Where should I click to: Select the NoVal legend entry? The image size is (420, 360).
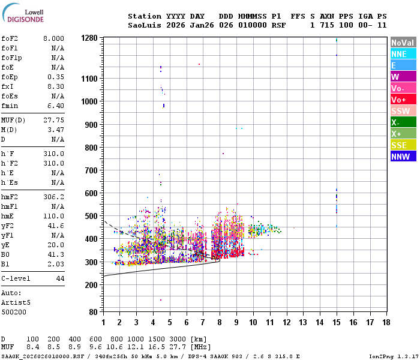[403, 43]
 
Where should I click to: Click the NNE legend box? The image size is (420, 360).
[403, 54]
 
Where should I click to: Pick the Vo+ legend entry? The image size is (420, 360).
[403, 100]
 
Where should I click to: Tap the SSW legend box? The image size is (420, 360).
[403, 111]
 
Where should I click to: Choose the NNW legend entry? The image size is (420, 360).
[403, 157]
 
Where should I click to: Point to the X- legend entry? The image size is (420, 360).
[403, 122]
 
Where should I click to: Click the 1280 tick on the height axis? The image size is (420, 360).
[89, 38]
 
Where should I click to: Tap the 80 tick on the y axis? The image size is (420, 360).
[93, 312]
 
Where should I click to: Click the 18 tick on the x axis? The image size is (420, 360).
[386, 322]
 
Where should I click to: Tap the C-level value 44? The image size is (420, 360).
[60, 278]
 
